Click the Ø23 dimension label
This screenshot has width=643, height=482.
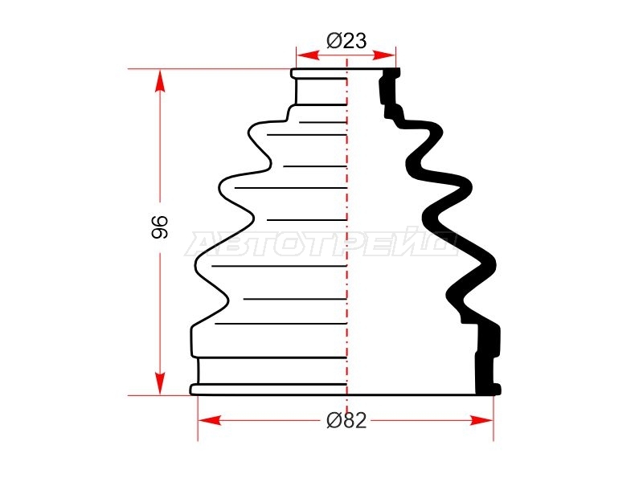coord(346,41)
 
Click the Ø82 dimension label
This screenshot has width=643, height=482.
coord(346,420)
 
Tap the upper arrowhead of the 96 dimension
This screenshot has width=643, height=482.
coord(160,81)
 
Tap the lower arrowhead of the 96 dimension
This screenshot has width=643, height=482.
coord(160,383)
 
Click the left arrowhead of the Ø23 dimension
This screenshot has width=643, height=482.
coord(309,55)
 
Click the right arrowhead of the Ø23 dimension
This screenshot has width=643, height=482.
coord(384,55)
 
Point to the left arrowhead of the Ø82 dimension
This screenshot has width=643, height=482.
coord(210,420)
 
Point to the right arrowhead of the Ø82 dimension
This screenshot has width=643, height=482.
coord(481,420)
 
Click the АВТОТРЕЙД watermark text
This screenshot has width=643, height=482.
coord(322,244)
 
